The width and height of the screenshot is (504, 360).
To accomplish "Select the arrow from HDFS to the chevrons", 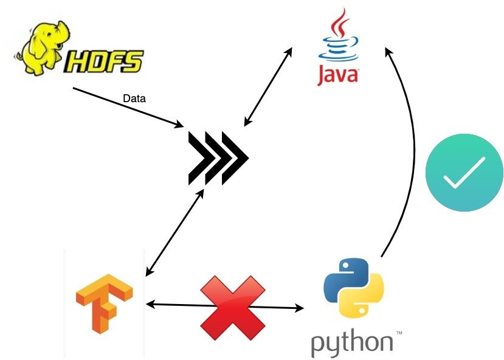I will [x=128, y=107].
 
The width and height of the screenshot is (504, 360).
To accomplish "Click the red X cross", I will [x=232, y=305].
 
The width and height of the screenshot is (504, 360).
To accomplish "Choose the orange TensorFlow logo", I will [x=104, y=302].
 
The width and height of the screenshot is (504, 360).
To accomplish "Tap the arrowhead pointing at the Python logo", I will [x=299, y=308].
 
